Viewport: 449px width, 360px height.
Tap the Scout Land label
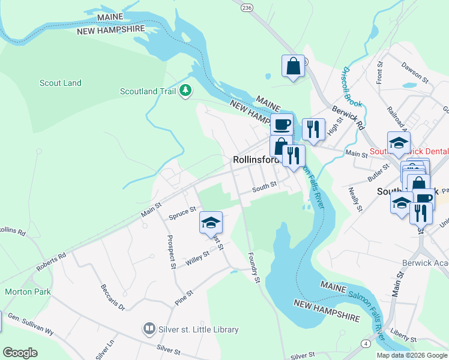60,83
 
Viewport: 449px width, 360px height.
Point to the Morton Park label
28,292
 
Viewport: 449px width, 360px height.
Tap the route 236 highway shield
247,7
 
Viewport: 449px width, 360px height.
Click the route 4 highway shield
366,343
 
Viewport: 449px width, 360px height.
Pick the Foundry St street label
255,268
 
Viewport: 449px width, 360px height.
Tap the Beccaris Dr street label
112,297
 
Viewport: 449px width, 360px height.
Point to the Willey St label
197,258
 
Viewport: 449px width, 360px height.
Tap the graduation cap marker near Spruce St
211,223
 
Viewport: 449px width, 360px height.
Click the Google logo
20,353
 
